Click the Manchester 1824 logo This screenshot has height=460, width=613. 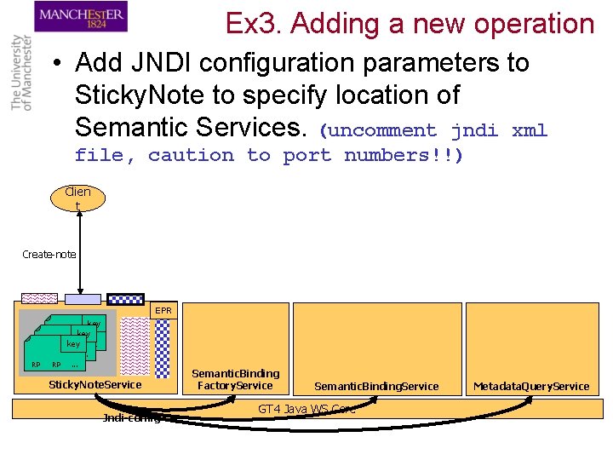82,17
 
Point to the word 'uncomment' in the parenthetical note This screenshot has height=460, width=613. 382,131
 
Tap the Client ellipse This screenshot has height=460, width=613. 77,198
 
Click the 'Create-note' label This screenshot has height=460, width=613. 49,254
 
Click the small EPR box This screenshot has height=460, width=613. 163,311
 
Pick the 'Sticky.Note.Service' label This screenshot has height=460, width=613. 95,385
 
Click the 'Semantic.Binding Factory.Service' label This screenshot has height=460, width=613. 235,379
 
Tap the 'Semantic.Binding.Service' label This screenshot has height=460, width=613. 376,386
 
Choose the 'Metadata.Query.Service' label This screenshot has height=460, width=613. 531,386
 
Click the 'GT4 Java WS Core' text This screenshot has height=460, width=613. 306,409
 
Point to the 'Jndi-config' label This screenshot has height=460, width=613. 132,417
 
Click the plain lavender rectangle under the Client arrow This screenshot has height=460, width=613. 84,299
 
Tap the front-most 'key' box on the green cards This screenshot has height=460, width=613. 73,344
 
